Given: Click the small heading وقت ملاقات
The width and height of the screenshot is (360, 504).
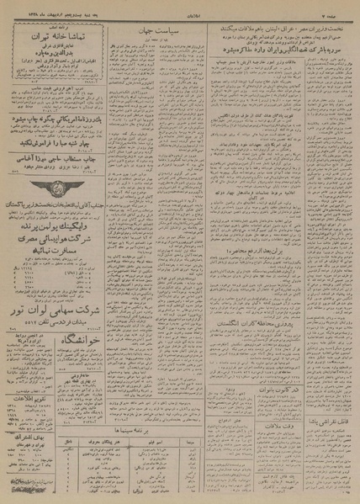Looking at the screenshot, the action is tap(272, 418).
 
